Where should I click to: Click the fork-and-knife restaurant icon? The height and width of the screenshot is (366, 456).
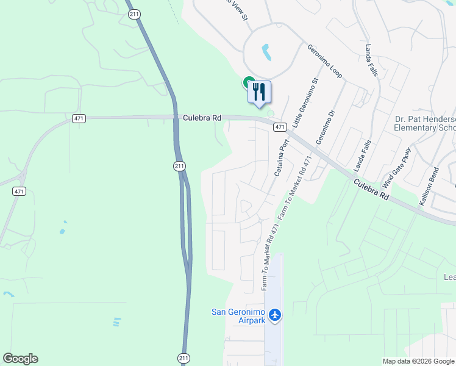pyautogui.click(x=259, y=92)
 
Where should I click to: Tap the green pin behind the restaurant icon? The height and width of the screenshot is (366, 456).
pyautogui.click(x=249, y=82)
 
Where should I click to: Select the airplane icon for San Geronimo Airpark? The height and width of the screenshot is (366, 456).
pyautogui.click(x=276, y=315)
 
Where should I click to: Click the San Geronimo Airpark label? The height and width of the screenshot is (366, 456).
pyautogui.click(x=238, y=316)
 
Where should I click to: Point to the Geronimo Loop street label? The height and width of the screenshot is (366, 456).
pyautogui.click(x=324, y=61)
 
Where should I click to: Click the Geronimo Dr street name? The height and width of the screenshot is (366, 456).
pyautogui.click(x=326, y=127)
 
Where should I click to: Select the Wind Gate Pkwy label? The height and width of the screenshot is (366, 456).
pyautogui.click(x=397, y=168)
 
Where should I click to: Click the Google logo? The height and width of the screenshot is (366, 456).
pyautogui.click(x=20, y=359)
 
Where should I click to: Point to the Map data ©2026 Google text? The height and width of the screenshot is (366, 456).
pyautogui.click(x=418, y=361)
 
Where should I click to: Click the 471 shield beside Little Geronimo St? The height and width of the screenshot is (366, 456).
pyautogui.click(x=280, y=127)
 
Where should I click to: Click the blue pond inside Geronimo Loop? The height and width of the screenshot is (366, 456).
pyautogui.click(x=266, y=52)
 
